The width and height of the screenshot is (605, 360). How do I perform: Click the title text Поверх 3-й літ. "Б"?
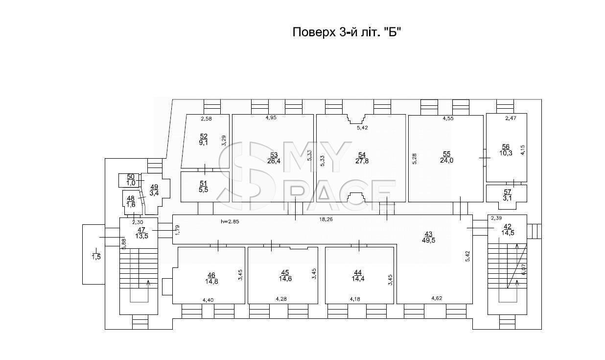coord(346,32)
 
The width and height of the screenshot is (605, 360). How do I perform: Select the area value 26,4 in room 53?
coord(274,161)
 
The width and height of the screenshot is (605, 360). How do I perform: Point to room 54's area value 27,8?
coord(362,161)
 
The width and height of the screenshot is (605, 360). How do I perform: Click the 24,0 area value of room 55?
coord(447,161)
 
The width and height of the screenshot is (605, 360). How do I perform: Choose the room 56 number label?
coord(506,147)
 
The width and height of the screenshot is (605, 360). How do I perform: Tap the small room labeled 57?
coord(508,192)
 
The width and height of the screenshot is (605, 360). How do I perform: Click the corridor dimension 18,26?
coord(326,219)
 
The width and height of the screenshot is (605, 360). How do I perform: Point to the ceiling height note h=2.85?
coord(230,221)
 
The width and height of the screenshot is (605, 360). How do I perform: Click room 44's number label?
coord(358,272)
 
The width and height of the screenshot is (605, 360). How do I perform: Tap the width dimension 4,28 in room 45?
coord(281,299)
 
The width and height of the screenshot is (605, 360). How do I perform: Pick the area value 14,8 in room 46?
coord(211,281)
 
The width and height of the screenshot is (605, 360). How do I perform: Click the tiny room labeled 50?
coord(131,177)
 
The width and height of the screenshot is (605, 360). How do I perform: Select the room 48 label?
coord(131,198)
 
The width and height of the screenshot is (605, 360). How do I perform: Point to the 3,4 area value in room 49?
coord(154,193)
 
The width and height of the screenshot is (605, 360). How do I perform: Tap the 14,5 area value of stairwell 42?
coord(508,233)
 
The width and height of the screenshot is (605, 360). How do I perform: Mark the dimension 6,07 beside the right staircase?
coord(524,269)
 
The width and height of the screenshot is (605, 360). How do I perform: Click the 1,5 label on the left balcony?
coord(96,257)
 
